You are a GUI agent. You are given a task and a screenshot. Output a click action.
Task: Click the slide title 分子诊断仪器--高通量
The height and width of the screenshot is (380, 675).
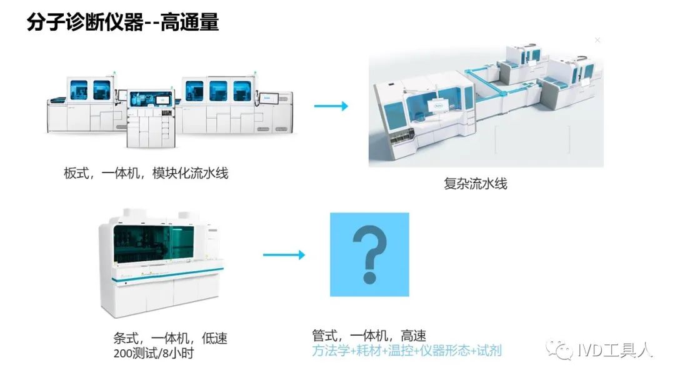[122, 22]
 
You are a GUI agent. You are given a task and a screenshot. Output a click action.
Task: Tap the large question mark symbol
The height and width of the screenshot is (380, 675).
[369, 254]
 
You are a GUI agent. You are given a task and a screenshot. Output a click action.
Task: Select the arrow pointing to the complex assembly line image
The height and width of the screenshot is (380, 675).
[331, 106]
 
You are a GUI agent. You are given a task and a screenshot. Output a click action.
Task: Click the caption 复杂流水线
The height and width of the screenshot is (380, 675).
[476, 184]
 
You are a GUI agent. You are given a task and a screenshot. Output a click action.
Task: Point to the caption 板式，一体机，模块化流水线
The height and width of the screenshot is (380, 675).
[146, 173]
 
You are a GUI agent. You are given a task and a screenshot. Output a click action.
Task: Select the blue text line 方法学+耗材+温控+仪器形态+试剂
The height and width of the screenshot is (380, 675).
[406, 351]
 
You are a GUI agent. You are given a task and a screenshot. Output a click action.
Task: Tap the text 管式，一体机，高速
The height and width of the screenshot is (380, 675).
[369, 336]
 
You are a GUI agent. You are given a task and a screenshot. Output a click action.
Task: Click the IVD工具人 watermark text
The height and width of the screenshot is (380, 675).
[613, 351]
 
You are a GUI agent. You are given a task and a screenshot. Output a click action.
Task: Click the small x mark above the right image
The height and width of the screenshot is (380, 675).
[597, 40]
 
